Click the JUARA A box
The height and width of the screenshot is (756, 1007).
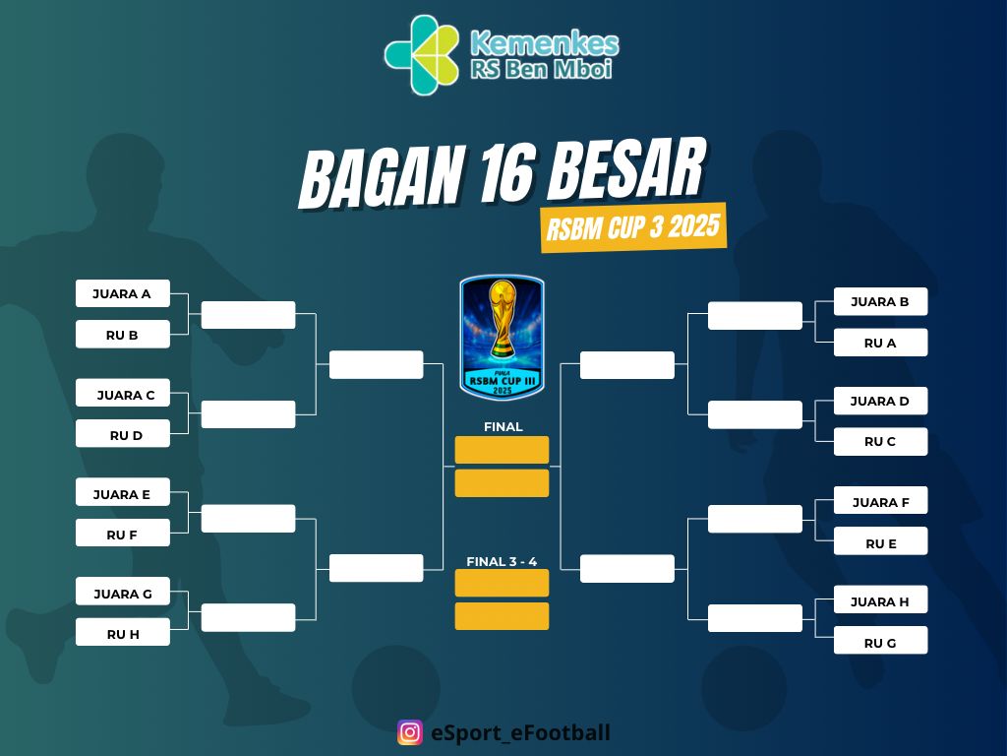123,293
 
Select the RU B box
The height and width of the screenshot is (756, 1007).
123,335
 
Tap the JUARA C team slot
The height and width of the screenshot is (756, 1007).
123,395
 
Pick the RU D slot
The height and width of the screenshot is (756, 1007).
123,435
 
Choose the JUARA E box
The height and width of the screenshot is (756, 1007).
123,494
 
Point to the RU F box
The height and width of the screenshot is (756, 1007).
123,535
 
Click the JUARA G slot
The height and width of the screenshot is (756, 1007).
123,594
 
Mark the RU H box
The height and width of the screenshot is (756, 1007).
123,634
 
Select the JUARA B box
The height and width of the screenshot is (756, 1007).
880,301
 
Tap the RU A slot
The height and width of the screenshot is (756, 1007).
880,343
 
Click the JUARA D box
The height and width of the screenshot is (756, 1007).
880,401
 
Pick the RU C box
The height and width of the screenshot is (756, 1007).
880,442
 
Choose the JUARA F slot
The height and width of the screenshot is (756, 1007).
880,502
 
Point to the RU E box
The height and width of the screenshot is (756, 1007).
880,543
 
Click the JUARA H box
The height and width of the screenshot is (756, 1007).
880,601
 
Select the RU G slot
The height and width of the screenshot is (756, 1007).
880,643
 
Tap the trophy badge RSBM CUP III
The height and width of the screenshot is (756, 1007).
502,338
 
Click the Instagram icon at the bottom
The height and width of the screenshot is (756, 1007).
410,732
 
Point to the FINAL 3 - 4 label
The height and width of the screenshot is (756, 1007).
502,562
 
